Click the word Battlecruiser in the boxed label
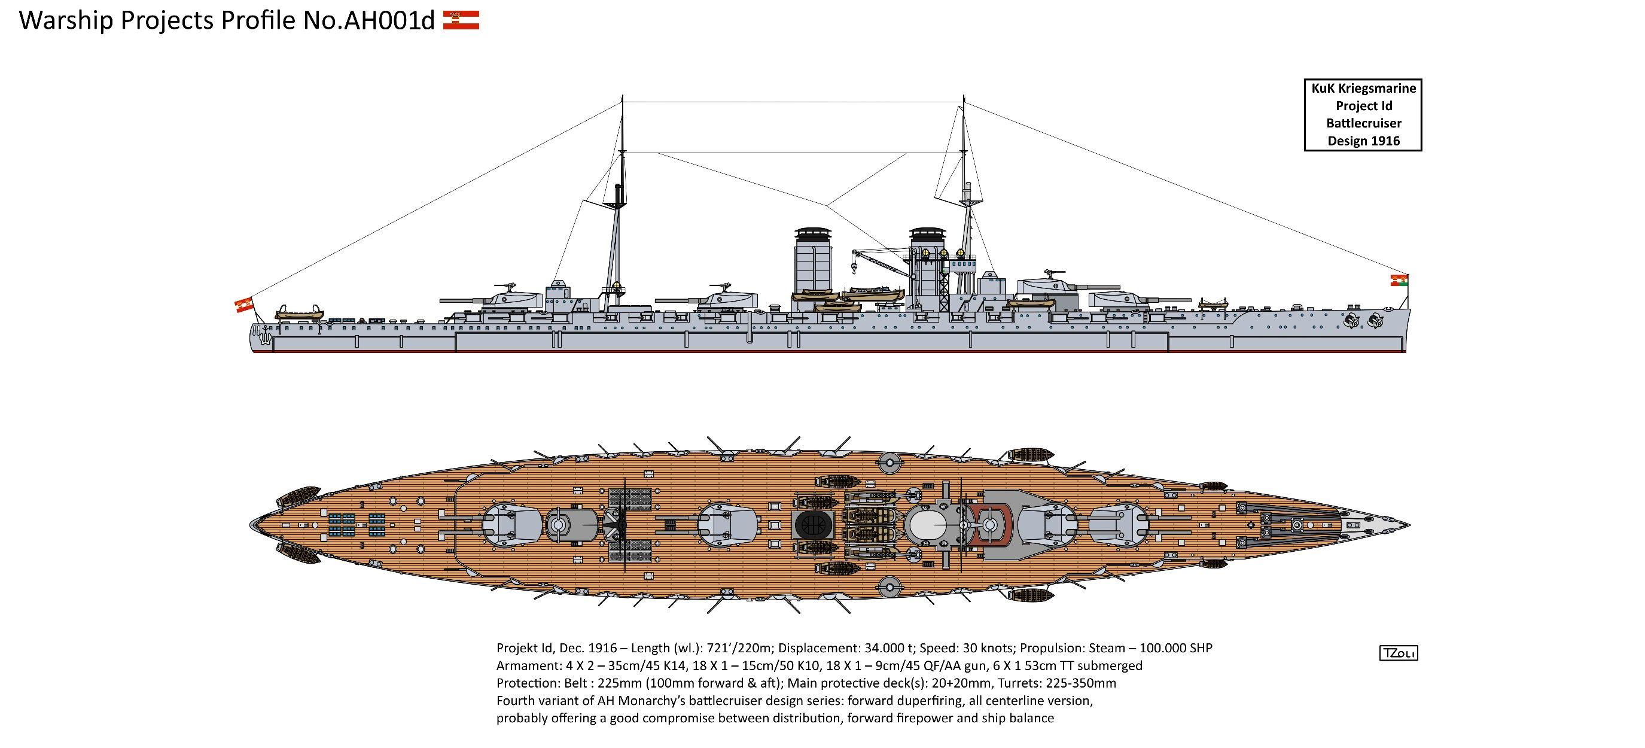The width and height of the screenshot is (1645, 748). (x=1363, y=123)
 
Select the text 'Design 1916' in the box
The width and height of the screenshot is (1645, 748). (x=1363, y=141)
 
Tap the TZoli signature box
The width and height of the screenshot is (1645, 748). (x=1398, y=653)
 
